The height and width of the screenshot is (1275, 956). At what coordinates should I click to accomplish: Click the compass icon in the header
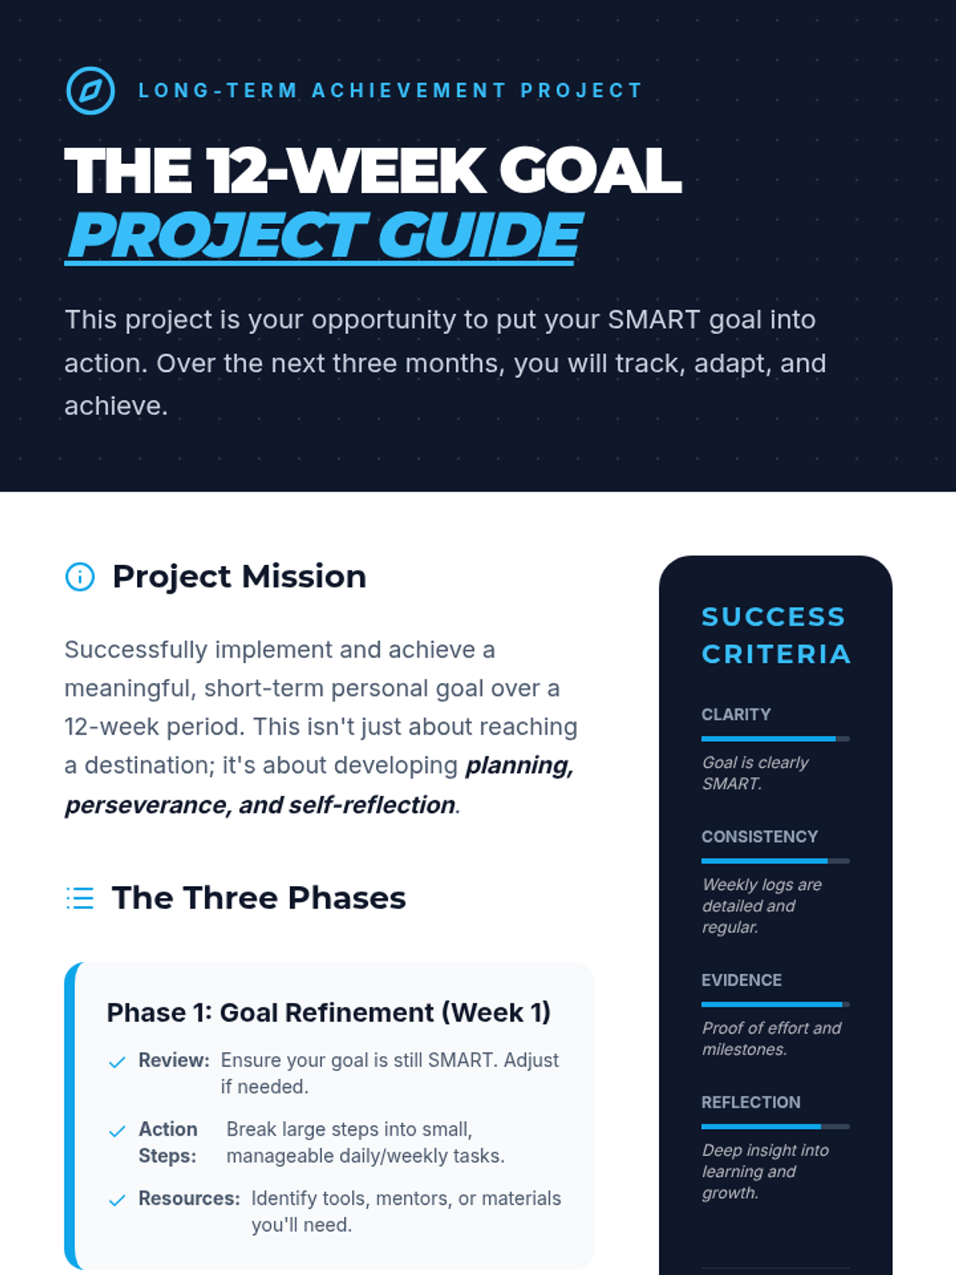(x=90, y=91)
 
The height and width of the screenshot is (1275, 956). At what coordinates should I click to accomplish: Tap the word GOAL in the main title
(x=590, y=171)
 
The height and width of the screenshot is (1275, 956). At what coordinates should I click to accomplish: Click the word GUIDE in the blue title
(x=480, y=234)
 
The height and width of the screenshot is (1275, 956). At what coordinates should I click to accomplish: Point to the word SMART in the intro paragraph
(x=653, y=320)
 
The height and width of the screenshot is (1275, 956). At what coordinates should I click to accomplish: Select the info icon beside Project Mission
(x=80, y=577)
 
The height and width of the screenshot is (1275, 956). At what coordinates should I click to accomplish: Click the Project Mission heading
(x=239, y=577)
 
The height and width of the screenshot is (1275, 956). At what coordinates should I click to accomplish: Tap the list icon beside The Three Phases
(x=80, y=898)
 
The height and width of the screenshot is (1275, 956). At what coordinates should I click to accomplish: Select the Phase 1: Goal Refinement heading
(x=328, y=1013)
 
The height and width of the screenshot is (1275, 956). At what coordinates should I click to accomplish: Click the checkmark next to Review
(x=117, y=1061)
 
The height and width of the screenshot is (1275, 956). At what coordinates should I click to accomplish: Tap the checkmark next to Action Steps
(x=117, y=1131)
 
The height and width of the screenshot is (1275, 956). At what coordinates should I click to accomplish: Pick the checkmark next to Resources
(x=117, y=1200)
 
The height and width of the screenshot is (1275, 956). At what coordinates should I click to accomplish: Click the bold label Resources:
(x=190, y=1198)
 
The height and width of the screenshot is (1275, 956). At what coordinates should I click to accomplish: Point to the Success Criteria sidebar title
(x=776, y=635)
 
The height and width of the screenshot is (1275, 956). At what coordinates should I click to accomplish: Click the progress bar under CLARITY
(x=775, y=739)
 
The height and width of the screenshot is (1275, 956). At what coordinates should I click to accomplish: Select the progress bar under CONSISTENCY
(x=775, y=861)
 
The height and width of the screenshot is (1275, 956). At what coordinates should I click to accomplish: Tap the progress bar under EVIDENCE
(x=775, y=1004)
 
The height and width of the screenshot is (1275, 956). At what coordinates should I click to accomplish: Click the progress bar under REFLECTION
(x=775, y=1126)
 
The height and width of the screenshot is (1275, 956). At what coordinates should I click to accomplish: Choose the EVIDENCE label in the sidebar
(x=741, y=980)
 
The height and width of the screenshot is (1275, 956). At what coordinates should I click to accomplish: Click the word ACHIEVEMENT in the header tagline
(x=409, y=91)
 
